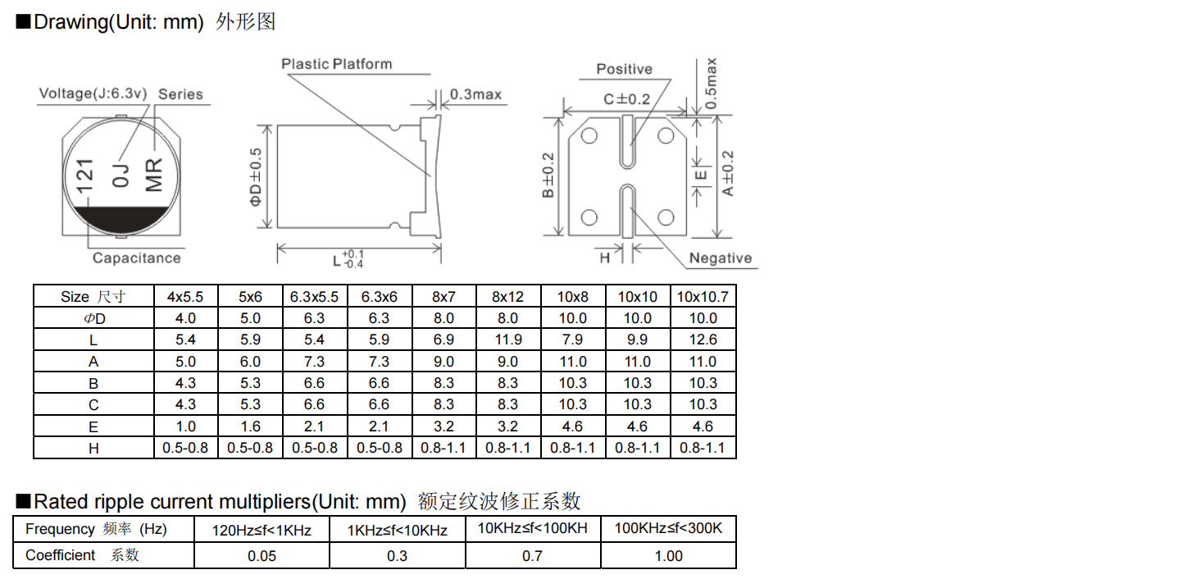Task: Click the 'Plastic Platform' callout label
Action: pyautogui.click(x=337, y=64)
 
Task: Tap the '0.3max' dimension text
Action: pyautogui.click(x=475, y=94)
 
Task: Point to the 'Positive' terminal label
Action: pyautogui.click(x=624, y=69)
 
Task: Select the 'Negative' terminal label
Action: pyautogui.click(x=721, y=258)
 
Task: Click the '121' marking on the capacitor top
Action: pyautogui.click(x=84, y=176)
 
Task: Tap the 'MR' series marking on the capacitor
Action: pyautogui.click(x=153, y=176)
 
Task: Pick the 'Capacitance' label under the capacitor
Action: pyautogui.click(x=137, y=258)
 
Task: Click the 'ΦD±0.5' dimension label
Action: pyautogui.click(x=255, y=176)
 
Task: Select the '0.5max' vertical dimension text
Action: pyautogui.click(x=711, y=83)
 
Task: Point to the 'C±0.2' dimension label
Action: pyautogui.click(x=627, y=99)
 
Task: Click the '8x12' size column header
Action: pyautogui.click(x=508, y=297)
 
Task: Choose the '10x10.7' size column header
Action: pyautogui.click(x=703, y=297)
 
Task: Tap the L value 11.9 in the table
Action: pyautogui.click(x=508, y=340)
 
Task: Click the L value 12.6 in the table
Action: pyautogui.click(x=703, y=340)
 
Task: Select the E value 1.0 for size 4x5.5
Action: pyautogui.click(x=185, y=426)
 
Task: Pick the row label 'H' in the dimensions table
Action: pyautogui.click(x=93, y=449)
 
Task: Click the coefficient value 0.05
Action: pyautogui.click(x=262, y=556)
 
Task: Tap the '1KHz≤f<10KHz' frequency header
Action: pyautogui.click(x=397, y=531)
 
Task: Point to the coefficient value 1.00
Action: pyautogui.click(x=668, y=556)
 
